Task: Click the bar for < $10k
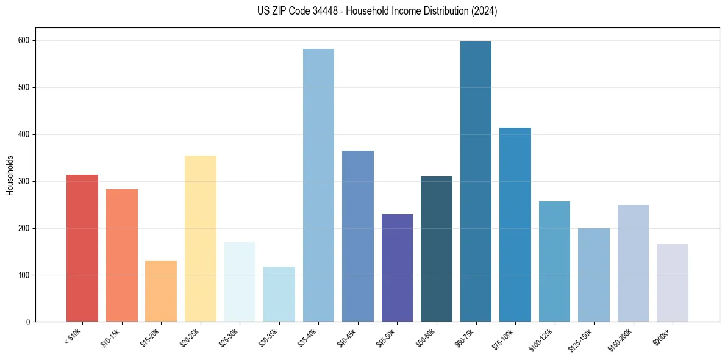(82, 248)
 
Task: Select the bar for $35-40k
(318, 185)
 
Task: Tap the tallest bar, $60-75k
(476, 182)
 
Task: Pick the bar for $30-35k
(279, 294)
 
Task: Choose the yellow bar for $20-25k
(201, 239)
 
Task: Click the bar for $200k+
(673, 283)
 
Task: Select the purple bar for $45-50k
(397, 268)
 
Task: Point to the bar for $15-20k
(161, 291)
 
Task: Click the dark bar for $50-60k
(437, 249)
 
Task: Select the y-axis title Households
(10, 175)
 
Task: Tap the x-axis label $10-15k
(110, 336)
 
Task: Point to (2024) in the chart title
(484, 11)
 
